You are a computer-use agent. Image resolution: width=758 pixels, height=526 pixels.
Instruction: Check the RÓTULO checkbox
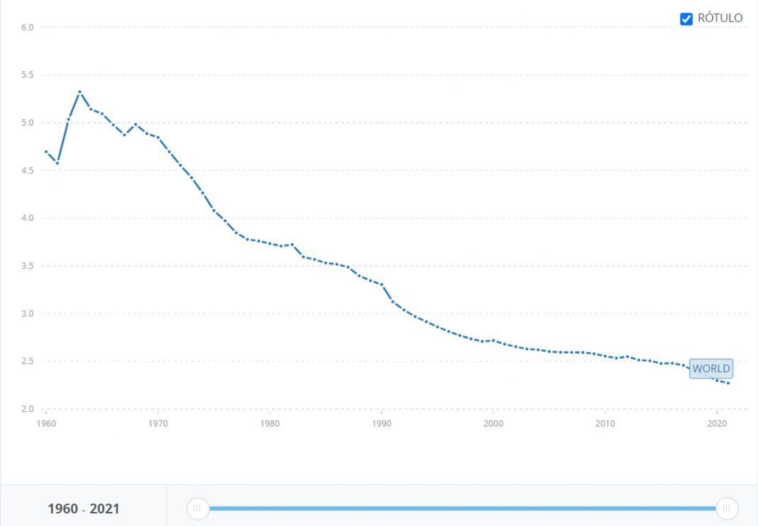(686, 18)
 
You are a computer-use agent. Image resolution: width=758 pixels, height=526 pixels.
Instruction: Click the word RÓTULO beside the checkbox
(720, 18)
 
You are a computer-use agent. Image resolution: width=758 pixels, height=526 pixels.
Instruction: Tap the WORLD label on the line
(710, 369)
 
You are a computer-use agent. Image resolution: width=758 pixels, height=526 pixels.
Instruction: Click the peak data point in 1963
(79, 92)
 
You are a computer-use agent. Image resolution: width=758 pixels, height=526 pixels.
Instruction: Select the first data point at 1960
(46, 152)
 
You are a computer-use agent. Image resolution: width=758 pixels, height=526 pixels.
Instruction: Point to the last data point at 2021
(727, 383)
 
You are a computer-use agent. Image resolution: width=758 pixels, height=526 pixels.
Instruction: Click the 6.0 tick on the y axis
(27, 27)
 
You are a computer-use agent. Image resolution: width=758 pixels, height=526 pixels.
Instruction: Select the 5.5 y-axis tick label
(27, 75)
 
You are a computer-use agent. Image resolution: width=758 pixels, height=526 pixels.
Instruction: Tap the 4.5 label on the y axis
(27, 171)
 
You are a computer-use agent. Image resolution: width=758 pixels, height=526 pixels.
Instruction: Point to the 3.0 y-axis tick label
(27, 314)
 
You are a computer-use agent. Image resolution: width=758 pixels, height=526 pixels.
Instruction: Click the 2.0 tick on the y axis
(27, 409)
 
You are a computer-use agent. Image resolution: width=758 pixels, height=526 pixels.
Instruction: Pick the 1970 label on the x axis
(158, 423)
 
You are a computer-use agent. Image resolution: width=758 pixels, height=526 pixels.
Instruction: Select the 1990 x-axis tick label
(381, 423)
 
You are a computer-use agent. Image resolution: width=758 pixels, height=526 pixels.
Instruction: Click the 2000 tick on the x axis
(493, 423)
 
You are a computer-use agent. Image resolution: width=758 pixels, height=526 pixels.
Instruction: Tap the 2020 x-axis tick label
(717, 423)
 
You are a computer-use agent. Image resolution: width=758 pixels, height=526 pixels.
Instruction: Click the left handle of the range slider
(197, 508)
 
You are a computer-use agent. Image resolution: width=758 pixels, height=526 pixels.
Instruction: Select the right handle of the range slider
(727, 508)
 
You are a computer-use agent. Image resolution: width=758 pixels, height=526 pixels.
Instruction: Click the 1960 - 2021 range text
(84, 509)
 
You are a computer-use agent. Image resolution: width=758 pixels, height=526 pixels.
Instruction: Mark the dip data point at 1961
(57, 163)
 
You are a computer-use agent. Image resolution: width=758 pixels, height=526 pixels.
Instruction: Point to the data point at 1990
(382, 284)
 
